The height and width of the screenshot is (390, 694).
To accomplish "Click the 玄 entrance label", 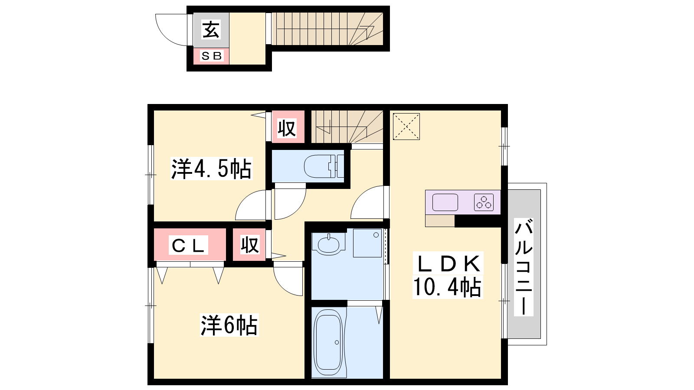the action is pos(211,29).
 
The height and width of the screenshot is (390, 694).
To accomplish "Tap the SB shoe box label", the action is pos(212,56).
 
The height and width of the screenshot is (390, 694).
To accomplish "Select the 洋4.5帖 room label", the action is pos(212,169).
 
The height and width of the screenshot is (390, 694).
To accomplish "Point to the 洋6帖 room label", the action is pos(229,325).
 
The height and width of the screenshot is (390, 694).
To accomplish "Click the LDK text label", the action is pos(448,264).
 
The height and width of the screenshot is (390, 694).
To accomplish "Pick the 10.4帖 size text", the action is pos(448,287).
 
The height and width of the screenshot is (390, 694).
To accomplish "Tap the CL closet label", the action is pos(188,245).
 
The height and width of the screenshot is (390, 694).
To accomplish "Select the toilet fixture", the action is pos(324,166).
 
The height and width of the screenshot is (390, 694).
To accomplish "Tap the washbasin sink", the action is pos(328,244).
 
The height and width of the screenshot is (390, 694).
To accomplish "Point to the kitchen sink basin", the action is pos(445,202).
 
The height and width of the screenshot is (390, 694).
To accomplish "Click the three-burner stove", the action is pos(484,202).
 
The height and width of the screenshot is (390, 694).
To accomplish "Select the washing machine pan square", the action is pos(367,243).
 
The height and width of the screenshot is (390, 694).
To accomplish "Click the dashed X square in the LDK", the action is pos(406,127).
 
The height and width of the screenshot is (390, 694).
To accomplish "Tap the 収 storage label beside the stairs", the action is pos(287,128).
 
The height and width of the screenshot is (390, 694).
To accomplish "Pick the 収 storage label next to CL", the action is pos(250,245).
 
